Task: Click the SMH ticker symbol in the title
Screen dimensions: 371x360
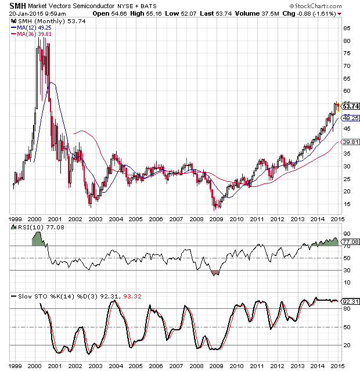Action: point(17,6)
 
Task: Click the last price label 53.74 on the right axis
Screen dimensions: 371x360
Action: point(351,106)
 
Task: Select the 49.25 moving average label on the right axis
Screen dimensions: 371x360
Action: point(350,118)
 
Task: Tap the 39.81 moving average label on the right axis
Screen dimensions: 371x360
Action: point(350,142)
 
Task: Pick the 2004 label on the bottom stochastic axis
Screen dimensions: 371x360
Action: point(116,366)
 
